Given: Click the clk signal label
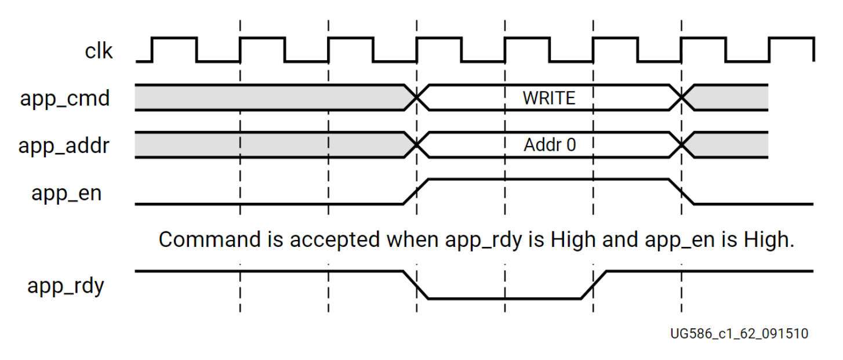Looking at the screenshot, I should pyautogui.click(x=99, y=52).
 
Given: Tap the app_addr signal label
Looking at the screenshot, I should pyautogui.click(x=64, y=145).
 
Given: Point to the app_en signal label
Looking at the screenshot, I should pyautogui.click(x=67, y=192).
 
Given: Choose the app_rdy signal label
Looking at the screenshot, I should pyautogui.click(x=66, y=286).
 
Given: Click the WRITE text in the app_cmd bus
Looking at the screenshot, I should pyautogui.click(x=548, y=98).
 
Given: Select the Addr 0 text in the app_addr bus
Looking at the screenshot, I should pyautogui.click(x=550, y=145).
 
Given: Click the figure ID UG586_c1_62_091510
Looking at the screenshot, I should pyautogui.click(x=739, y=334).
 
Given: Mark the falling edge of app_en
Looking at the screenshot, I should pyautogui.click(x=682, y=192).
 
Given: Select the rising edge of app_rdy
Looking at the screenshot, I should pyautogui.click(x=594, y=285).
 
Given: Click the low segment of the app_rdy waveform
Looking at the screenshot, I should pyautogui.click(x=504, y=299).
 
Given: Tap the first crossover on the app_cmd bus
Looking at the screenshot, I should pyautogui.click(x=416, y=98).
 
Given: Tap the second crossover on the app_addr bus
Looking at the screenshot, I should pyautogui.click(x=682, y=145).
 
